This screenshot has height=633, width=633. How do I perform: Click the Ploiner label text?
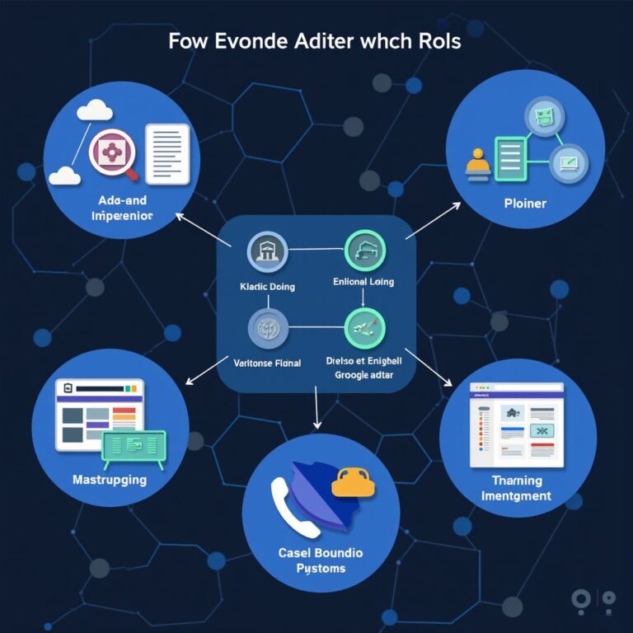[525, 202]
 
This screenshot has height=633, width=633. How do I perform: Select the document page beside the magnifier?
[167, 152]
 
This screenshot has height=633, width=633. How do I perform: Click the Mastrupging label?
[110, 479]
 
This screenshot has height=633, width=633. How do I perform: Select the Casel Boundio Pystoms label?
[321, 560]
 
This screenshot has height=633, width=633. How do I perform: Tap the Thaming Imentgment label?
[517, 488]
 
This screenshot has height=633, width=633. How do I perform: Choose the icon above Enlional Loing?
[363, 251]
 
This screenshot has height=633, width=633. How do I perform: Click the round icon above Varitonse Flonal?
[268, 329]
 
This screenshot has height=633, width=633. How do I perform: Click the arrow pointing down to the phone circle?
[317, 412]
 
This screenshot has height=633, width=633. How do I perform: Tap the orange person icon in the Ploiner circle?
[477, 164]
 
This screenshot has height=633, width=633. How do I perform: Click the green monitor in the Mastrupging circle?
[134, 445]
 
